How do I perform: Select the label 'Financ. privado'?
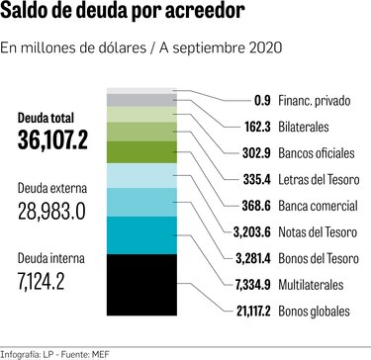pos(317,101)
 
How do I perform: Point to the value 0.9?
pos(262,101)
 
